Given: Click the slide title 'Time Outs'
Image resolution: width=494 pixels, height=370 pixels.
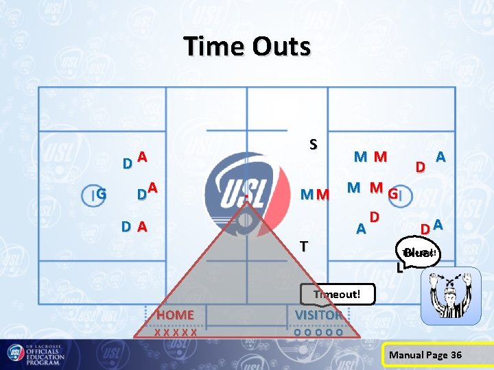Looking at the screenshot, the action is [247, 47].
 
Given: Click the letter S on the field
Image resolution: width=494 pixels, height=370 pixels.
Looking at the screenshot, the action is [313, 145].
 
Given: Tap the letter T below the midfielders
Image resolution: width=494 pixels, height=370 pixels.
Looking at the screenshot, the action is [303, 245].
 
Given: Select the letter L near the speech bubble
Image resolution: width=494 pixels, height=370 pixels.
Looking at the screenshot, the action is [399, 268].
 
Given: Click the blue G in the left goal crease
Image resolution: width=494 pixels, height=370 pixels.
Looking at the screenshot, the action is [101, 195].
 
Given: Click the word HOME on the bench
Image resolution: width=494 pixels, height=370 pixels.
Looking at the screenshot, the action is [176, 314].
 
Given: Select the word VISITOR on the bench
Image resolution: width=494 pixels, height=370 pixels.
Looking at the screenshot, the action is [318, 314].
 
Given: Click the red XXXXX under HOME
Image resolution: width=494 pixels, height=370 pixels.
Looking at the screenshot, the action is [176, 331].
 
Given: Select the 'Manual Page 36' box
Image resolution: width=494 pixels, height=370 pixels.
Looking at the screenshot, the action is [425, 354].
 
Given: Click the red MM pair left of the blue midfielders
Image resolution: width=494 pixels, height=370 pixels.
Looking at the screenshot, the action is [315, 195].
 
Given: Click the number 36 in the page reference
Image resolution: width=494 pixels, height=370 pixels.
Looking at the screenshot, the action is [455, 354].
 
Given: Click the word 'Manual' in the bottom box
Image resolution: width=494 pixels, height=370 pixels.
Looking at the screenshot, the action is [406, 354].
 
